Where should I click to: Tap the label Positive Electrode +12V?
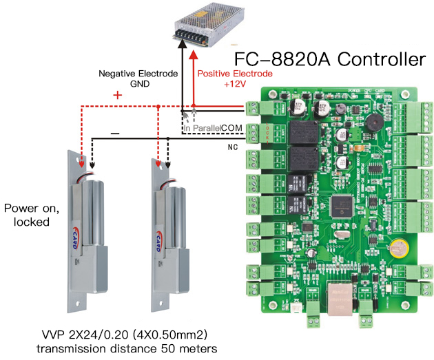pos(235,78)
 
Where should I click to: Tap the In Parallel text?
pos(202,129)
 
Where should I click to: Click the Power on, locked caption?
pos(26,215)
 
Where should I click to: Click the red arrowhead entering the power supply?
pos(195,43)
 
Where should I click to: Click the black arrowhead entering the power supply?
pos(181,43)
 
